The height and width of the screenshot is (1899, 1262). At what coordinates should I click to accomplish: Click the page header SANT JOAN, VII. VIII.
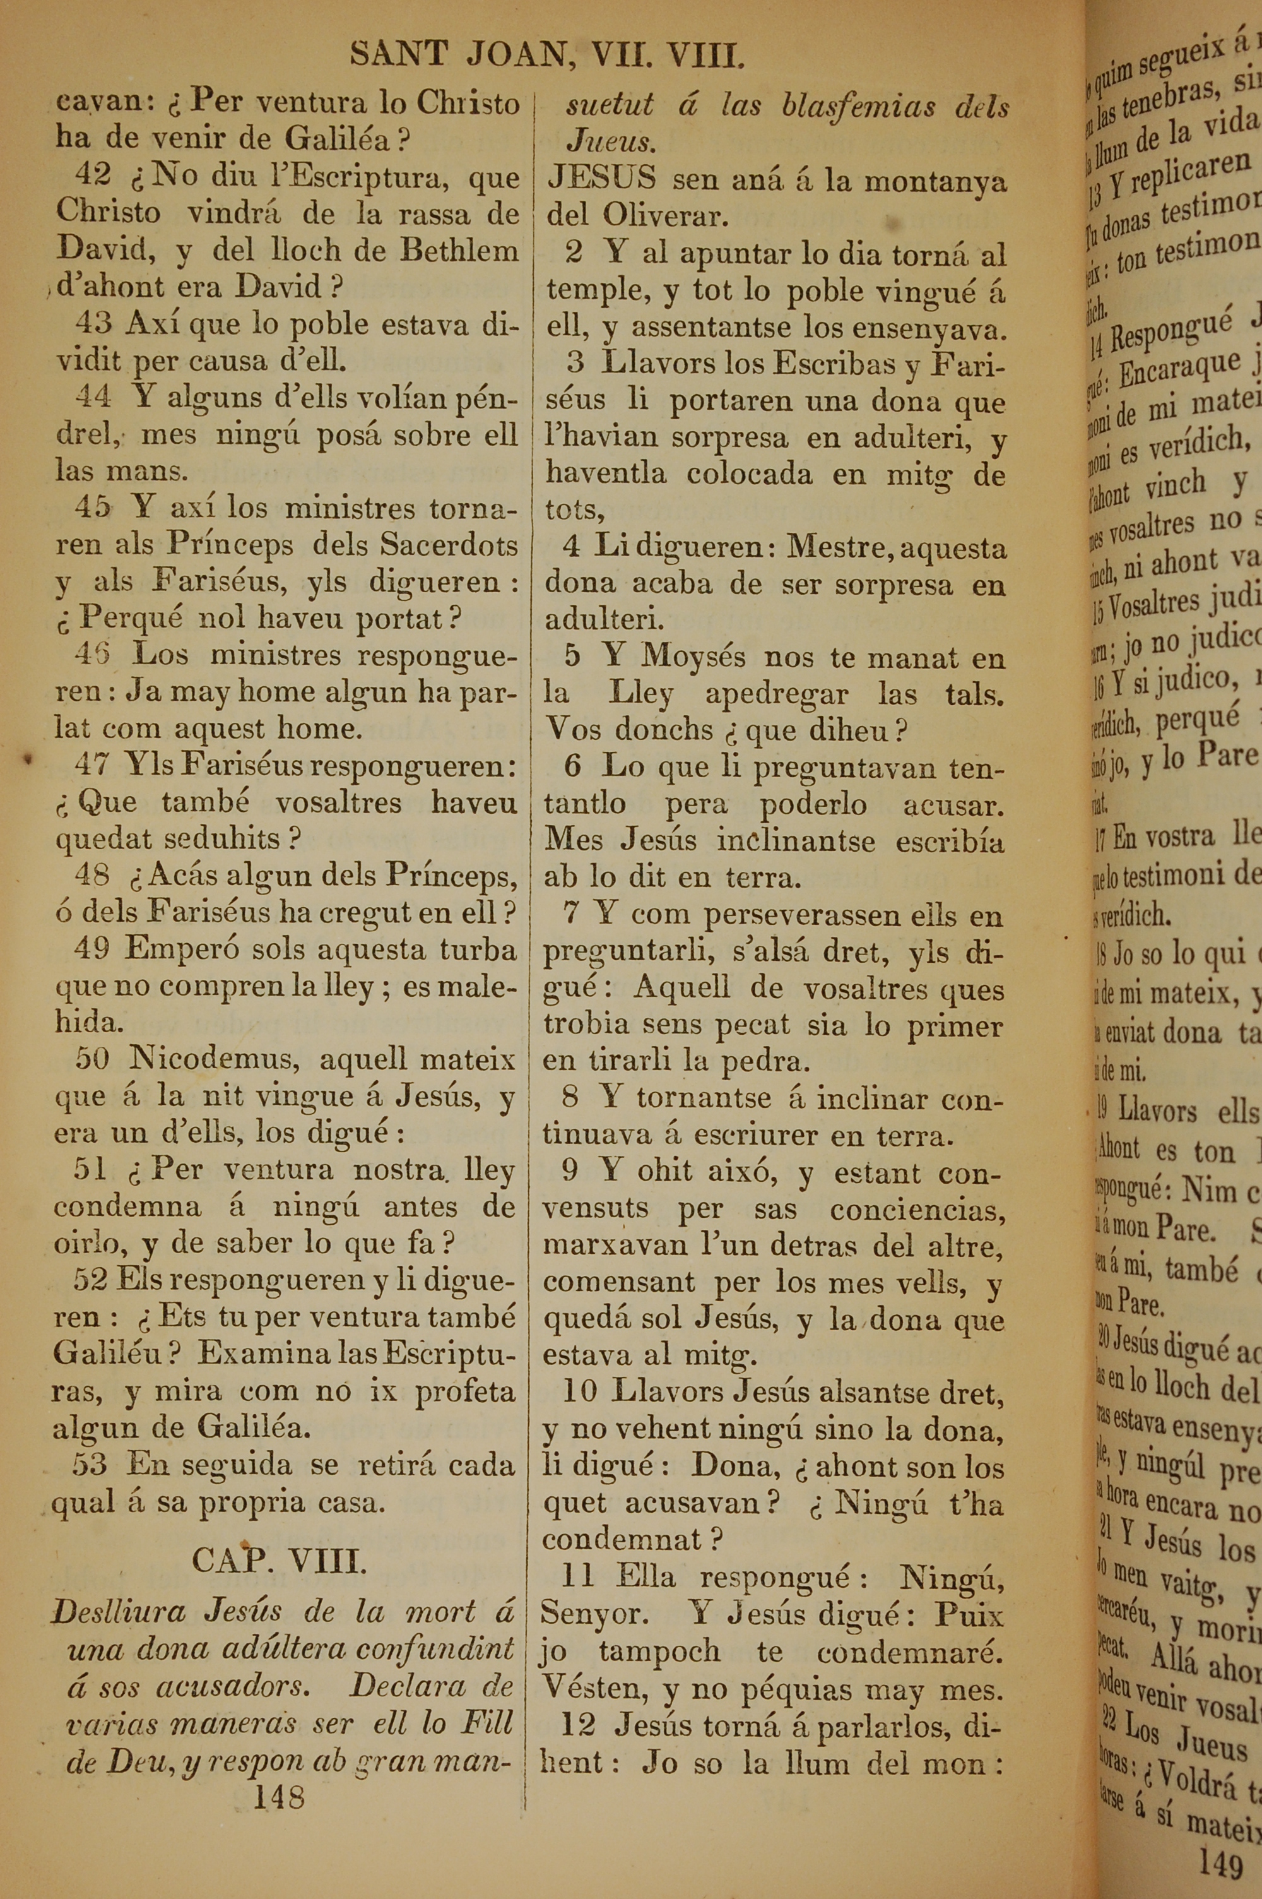tap(546, 55)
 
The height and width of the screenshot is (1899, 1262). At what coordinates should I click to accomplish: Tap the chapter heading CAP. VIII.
tap(280, 1562)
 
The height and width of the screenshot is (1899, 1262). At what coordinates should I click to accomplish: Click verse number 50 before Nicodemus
tap(91, 1058)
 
